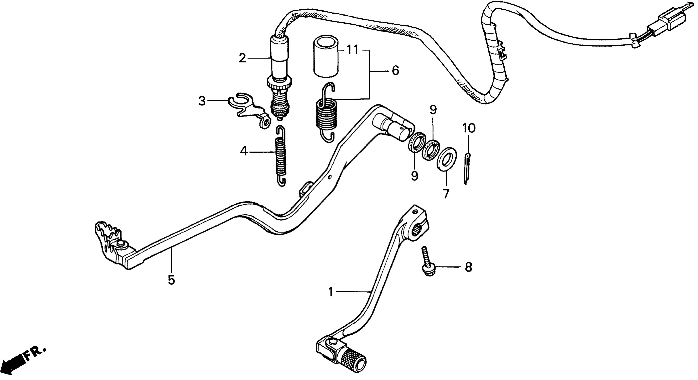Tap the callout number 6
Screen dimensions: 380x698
[x=395, y=71]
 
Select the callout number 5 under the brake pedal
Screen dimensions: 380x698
[x=171, y=280]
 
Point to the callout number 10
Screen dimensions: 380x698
[x=469, y=128]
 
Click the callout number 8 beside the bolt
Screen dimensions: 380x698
[x=469, y=267]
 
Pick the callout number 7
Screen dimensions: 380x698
[x=446, y=194]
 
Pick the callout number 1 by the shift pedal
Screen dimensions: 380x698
[x=330, y=292]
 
